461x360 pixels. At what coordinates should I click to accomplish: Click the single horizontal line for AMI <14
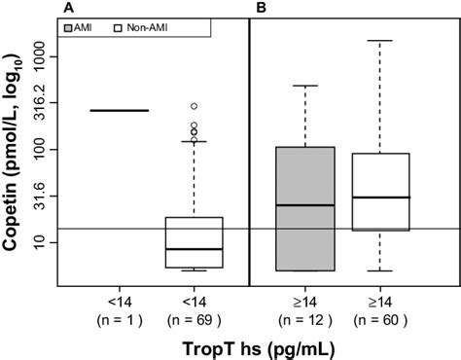tap(120, 110)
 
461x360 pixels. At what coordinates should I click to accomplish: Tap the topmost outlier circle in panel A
tap(194, 105)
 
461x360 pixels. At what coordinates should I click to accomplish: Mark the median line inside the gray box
tap(306, 205)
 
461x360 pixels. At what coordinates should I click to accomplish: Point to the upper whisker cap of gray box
tap(306, 86)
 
